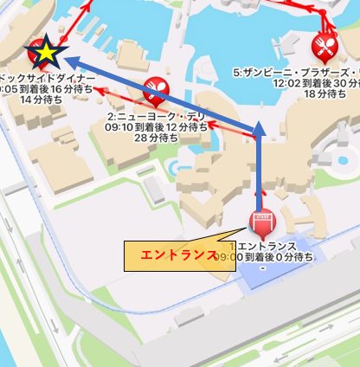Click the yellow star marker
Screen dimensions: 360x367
(x=45, y=55)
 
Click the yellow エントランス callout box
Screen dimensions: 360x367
(x=179, y=256)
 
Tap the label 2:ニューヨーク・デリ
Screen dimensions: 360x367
(x=156, y=114)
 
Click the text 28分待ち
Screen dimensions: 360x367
(x=157, y=138)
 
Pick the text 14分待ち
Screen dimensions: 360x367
(x=37, y=100)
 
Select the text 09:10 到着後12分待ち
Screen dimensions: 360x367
(x=156, y=126)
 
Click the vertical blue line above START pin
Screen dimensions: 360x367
(x=259, y=173)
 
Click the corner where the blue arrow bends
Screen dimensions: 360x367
(x=259, y=132)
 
